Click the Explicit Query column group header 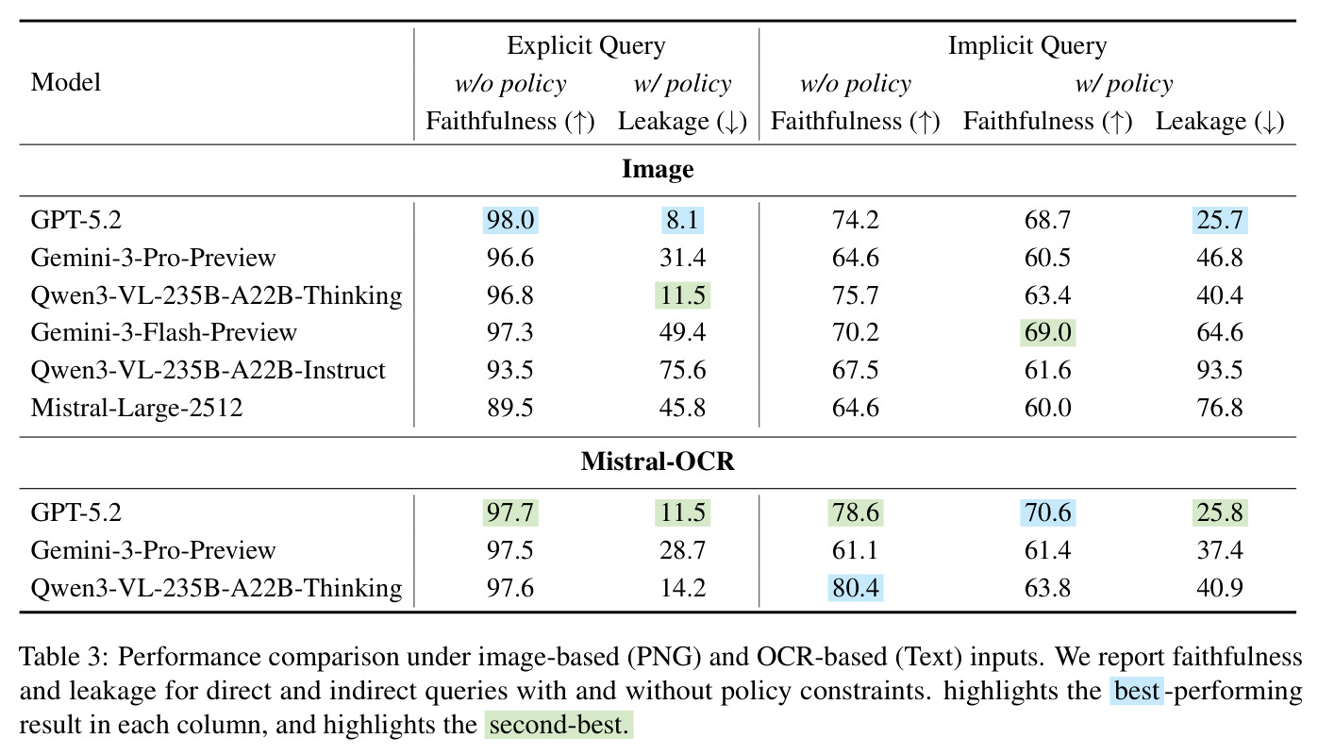tap(586, 46)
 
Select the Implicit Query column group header tap(1027, 46)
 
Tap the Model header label tap(66, 82)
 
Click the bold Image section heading tap(658, 170)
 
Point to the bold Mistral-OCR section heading tap(658, 461)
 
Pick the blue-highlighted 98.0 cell tap(510, 220)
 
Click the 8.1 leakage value tap(682, 220)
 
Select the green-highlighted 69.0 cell tap(1047, 332)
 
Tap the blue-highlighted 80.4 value tap(855, 588)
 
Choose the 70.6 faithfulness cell tap(1047, 512)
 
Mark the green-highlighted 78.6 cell tap(855, 512)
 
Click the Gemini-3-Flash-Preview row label tap(163, 332)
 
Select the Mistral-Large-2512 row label tap(137, 408)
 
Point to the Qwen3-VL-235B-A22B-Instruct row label tap(208, 370)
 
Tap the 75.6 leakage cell tap(682, 370)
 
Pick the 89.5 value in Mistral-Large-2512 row tap(510, 408)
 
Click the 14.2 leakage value tap(682, 588)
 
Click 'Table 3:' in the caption tap(64, 657)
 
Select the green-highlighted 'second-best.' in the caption tap(559, 725)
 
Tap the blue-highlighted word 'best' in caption tap(1137, 691)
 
